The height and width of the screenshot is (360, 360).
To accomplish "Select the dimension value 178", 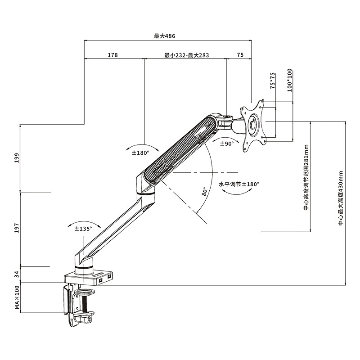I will tap(112, 55).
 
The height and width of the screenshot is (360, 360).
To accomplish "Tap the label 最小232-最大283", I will tap(187, 55).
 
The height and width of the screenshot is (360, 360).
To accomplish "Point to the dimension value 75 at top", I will tap(240, 55).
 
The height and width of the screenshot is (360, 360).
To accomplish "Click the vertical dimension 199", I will tap(17, 158).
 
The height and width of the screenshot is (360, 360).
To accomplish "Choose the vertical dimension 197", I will tap(17, 229).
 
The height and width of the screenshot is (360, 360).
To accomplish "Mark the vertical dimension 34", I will tap(17, 274).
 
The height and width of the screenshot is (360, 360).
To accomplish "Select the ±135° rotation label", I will tap(83, 229).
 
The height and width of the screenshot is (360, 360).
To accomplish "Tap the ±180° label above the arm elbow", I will tap(140, 153).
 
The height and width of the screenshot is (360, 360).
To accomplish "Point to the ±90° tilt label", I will tap(226, 144).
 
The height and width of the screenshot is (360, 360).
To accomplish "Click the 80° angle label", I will tap(205, 192).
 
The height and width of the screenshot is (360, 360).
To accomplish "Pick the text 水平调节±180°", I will tap(239, 184).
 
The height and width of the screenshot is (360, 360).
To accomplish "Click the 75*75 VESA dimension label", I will tap(273, 81).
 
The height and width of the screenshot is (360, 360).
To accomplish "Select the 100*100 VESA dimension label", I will tap(289, 80).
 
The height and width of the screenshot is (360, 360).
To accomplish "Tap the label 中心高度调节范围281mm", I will tap(306, 178).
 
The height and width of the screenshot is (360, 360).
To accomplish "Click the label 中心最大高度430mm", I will tap(340, 198).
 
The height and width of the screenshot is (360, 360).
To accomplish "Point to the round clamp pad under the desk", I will tap(84, 292).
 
